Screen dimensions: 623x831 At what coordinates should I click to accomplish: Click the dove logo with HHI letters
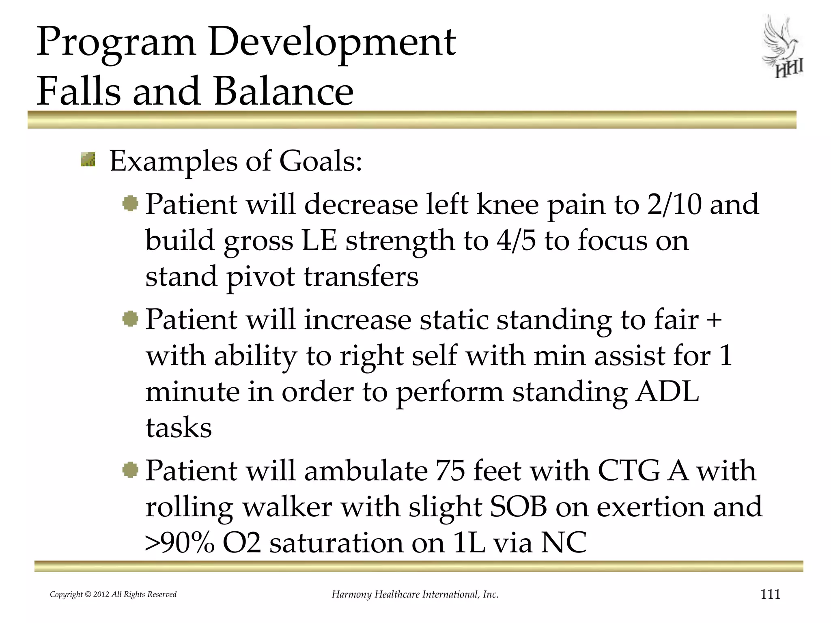coord(783,47)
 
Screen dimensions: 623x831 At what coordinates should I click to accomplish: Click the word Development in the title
coord(332,42)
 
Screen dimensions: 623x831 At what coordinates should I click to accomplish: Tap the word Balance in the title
coord(283,91)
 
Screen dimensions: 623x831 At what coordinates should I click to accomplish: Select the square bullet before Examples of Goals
coord(88,159)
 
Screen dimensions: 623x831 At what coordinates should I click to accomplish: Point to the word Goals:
coord(320,161)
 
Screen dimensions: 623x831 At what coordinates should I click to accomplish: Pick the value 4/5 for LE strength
coord(516,240)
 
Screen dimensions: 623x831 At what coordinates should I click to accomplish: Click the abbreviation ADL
coord(667,392)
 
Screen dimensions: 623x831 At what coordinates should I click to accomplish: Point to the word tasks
coord(179,428)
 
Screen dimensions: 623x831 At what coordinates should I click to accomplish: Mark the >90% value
coord(179,543)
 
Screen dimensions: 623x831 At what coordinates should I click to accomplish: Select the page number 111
coord(770,594)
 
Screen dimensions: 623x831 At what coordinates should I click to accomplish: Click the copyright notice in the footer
coord(113,595)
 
